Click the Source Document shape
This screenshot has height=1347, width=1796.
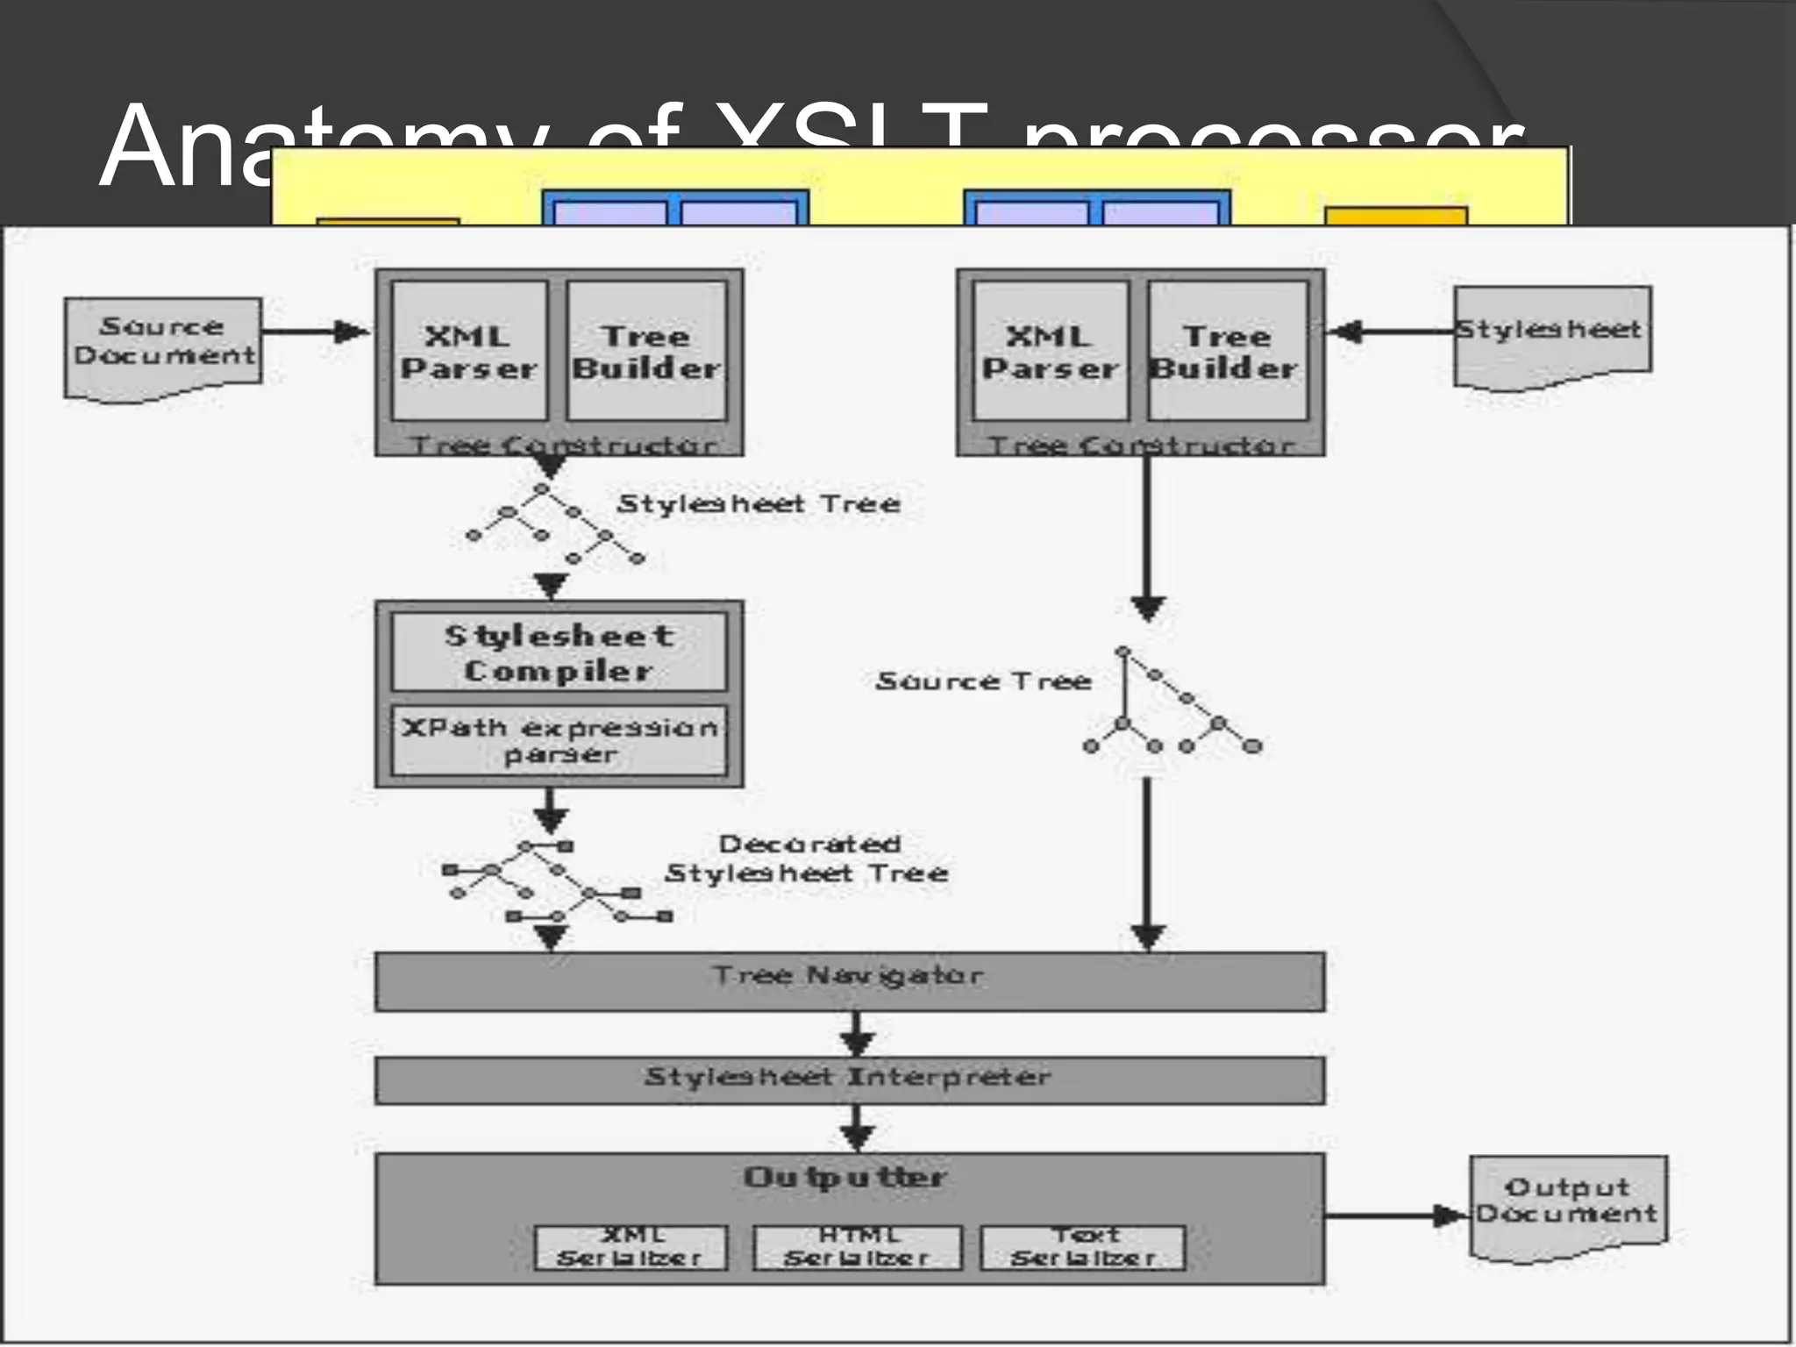pyautogui.click(x=163, y=344)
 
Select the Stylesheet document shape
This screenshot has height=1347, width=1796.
pyautogui.click(x=1551, y=334)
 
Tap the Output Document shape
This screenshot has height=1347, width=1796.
pyautogui.click(x=1567, y=1204)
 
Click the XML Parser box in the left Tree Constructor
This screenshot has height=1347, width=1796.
pyautogui.click(x=469, y=351)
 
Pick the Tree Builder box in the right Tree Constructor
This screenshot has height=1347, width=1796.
pyautogui.click(x=1226, y=351)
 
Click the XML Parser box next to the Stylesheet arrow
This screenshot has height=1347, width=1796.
pyautogui.click(x=1051, y=351)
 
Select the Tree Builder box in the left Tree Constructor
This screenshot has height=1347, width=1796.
pyautogui.click(x=646, y=351)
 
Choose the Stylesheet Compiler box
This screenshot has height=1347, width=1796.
pyautogui.click(x=559, y=652)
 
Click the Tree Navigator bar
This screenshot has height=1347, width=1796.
pyautogui.click(x=849, y=980)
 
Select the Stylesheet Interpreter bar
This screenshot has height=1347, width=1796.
pyautogui.click(x=849, y=1080)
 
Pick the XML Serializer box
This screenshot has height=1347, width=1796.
pyautogui.click(x=631, y=1247)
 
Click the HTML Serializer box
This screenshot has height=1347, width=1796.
pyautogui.click(x=857, y=1247)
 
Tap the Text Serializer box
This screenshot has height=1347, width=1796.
pyautogui.click(x=1083, y=1247)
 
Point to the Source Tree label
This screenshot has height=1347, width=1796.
pyautogui.click(x=983, y=681)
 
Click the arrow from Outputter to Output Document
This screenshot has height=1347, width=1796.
pyautogui.click(x=1394, y=1215)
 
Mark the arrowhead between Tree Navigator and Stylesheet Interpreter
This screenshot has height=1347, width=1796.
pyautogui.click(x=856, y=1044)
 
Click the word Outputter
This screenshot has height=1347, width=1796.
pyautogui.click(x=845, y=1177)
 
